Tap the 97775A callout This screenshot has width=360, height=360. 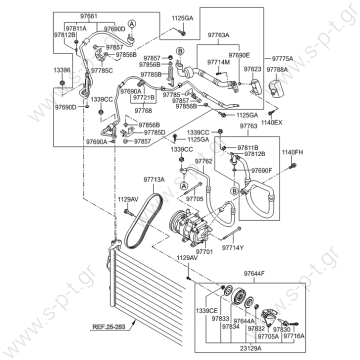262,59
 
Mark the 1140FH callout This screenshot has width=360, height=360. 291,152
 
